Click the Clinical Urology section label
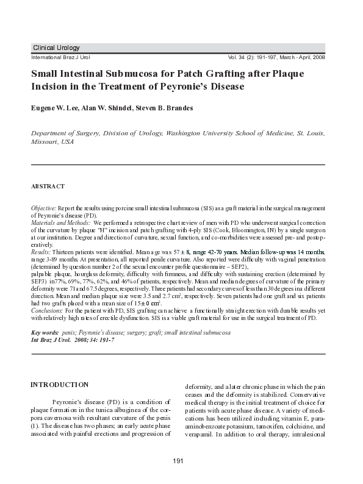click(x=56, y=48)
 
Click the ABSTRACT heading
click(x=48, y=185)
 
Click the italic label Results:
click(x=41, y=252)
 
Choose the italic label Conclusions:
click(x=48, y=310)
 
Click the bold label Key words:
click(x=45, y=333)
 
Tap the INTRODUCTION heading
click(x=59, y=385)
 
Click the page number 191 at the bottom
click(x=178, y=468)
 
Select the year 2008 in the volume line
click(x=317, y=57)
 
